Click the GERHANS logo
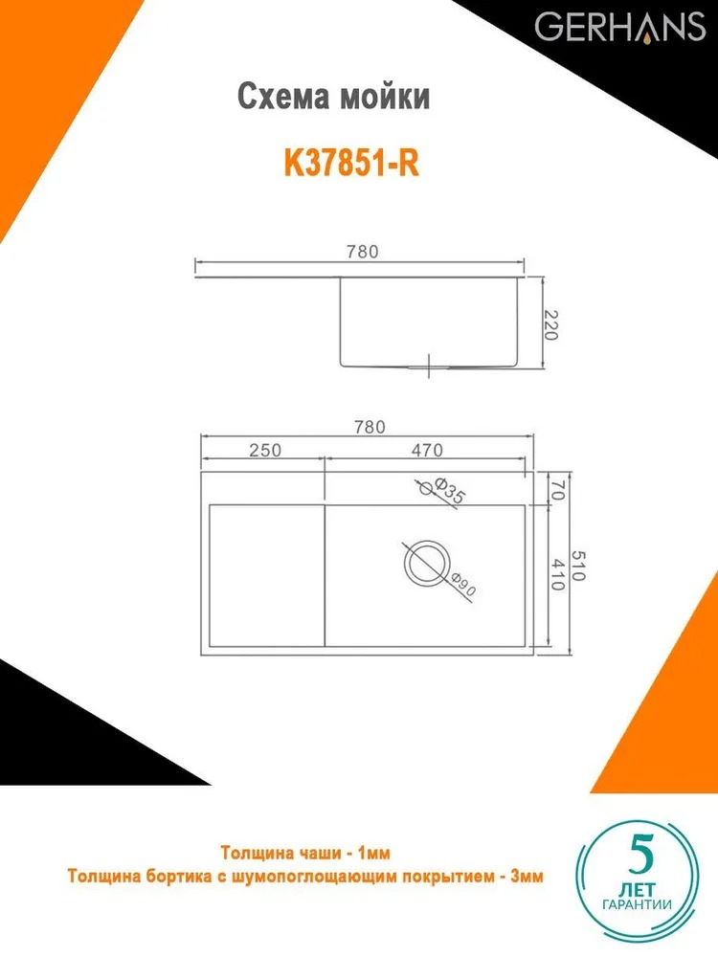[x=620, y=28]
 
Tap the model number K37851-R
[x=351, y=163]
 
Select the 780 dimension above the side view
[x=363, y=252]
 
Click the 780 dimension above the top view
[x=370, y=427]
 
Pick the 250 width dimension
[x=265, y=450]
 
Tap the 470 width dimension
[x=427, y=450]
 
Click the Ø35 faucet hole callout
[x=449, y=491]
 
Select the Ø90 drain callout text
[x=463, y=584]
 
